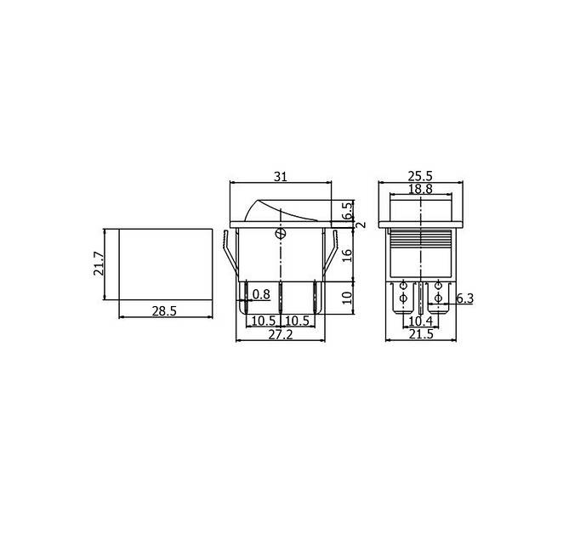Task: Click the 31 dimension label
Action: pos(281,176)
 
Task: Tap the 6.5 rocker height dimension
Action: pos(348,211)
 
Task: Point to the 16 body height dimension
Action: pos(348,255)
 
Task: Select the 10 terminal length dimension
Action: pos(348,297)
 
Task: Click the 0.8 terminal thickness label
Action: pos(261,294)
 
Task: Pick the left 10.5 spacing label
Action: pos(263,321)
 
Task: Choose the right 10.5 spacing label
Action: pos(298,321)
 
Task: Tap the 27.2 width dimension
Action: pos(281,334)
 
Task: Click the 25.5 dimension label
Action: pos(420,175)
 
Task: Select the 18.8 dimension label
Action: pos(420,189)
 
